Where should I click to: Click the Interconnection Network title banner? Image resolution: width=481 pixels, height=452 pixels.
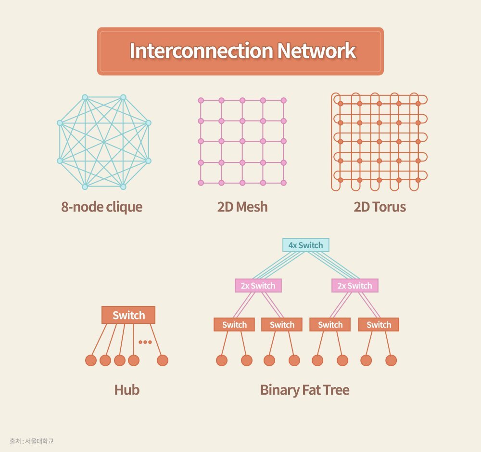pos(240,51)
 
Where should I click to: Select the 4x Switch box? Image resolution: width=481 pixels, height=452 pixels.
pos(305,245)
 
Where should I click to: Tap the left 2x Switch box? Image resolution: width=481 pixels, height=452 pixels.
pos(258,286)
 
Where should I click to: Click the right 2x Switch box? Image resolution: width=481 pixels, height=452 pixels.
pos(354,286)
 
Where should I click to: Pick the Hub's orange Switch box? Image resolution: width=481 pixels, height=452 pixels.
pos(128,315)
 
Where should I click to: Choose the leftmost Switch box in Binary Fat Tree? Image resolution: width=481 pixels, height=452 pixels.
pos(234,325)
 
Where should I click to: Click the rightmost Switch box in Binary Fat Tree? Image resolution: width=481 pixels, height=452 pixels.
pos(379,325)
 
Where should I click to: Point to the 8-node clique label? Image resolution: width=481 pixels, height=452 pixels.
pos(102,207)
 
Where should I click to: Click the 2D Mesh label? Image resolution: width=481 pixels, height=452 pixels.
pos(242,207)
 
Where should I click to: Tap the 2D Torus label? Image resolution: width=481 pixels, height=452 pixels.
pos(380,207)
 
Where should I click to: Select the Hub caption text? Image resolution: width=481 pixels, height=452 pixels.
pos(127,389)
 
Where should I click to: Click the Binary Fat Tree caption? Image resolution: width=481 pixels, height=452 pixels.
pos(304,389)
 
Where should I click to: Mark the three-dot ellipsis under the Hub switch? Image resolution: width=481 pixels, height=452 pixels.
pos(145,342)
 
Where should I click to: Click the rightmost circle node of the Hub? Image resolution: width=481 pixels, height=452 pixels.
pos(163,360)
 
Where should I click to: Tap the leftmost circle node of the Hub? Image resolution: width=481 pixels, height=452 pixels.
pos(90,360)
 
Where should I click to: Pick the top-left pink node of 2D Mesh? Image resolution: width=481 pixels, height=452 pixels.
pos(201,100)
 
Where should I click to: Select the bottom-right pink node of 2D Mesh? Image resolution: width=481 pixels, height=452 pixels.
pos(283,183)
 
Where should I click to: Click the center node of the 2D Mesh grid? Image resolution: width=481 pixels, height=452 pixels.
pos(242,142)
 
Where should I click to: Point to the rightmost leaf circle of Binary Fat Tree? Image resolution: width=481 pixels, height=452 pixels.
pos(391,360)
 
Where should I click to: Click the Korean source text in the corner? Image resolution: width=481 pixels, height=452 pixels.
pos(31,441)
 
